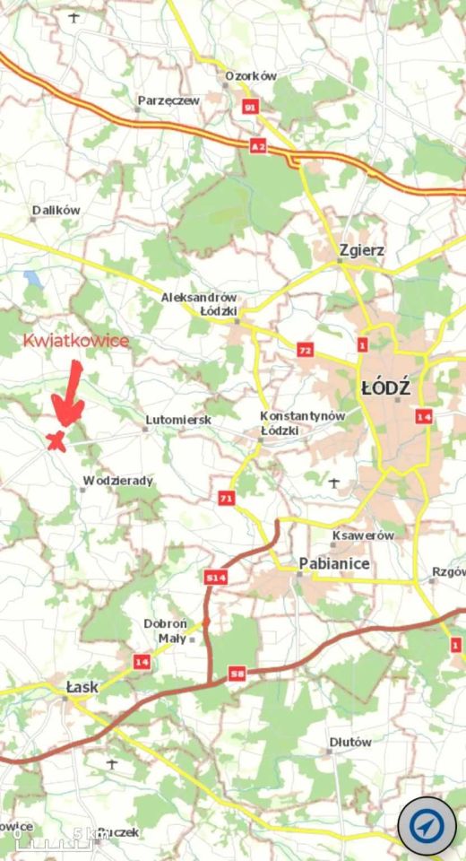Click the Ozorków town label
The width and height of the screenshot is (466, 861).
point(251,77)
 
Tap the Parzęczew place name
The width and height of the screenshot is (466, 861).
point(168,101)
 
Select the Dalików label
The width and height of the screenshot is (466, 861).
point(56,210)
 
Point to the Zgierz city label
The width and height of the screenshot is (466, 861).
point(362,250)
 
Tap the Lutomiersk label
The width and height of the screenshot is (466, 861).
point(178,420)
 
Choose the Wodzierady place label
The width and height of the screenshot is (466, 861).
point(117,481)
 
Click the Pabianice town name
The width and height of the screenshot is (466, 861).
point(333,563)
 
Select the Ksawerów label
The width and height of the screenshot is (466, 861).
point(363,535)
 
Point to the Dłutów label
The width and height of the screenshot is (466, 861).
point(350,743)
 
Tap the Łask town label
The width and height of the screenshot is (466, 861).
point(82,687)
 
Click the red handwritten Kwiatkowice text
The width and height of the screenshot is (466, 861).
point(76,341)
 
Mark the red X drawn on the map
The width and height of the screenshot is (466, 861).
point(56,439)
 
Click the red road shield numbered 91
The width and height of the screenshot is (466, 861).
point(250,108)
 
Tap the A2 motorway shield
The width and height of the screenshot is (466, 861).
point(259,144)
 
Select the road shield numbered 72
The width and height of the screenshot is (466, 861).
point(306,350)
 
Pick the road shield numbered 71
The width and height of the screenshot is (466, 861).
point(226,498)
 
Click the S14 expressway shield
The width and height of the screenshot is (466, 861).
point(215,578)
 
